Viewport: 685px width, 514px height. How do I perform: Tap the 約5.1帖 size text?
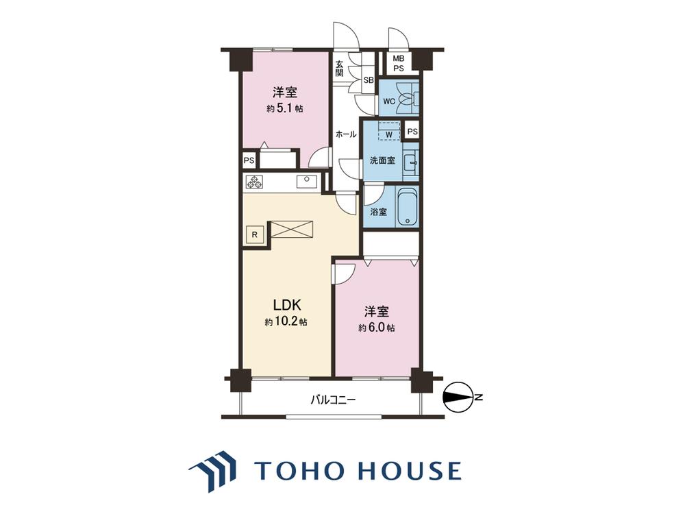(285, 108)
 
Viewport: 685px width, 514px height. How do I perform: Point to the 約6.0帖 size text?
(377, 328)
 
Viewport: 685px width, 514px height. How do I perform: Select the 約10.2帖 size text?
(286, 322)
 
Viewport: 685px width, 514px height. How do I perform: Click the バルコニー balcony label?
(334, 400)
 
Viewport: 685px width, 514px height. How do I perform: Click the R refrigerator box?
(255, 235)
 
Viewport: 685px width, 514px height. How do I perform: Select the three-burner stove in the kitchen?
(254, 182)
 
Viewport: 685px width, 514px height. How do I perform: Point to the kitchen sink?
(308, 181)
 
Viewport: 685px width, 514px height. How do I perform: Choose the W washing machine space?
(389, 131)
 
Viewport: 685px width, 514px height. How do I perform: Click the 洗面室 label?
(383, 160)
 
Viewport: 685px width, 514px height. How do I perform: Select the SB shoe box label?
(369, 80)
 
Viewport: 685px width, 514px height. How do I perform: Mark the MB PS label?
(399, 63)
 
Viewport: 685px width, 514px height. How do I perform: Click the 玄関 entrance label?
(340, 68)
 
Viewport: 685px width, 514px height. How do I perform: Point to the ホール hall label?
(346, 134)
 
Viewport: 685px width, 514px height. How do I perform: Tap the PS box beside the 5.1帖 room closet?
(249, 160)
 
